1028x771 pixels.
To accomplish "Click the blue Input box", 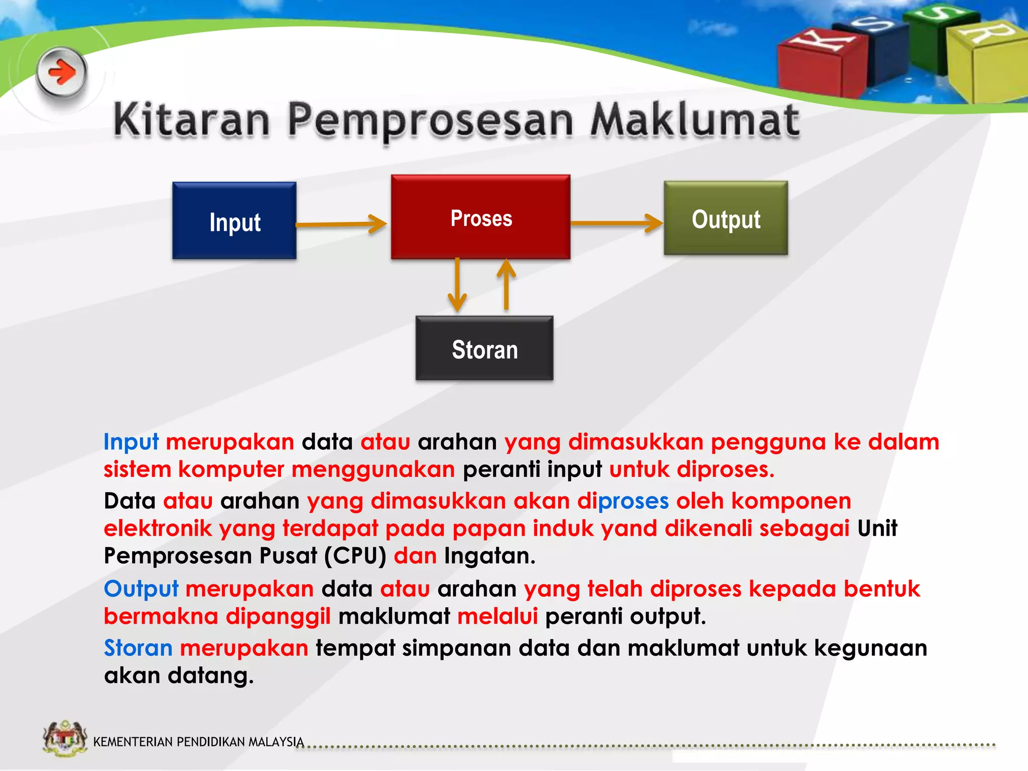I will point(234,221).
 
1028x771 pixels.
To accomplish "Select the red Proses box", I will point(480,217).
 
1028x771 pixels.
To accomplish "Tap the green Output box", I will point(726,218).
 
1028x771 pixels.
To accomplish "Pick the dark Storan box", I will point(484,348).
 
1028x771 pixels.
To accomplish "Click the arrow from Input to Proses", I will point(341,224).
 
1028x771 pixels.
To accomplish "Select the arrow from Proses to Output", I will point(616,223).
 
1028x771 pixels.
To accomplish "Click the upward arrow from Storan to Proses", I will point(506,284).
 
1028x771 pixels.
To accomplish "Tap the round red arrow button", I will point(62,73).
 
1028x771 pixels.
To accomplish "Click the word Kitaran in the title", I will point(192,120).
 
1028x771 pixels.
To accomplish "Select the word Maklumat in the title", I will point(694,120).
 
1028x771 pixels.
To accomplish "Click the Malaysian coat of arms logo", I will point(65,738).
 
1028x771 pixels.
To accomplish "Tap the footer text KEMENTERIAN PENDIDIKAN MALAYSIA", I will point(198,741).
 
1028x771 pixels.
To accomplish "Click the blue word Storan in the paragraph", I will point(138,648).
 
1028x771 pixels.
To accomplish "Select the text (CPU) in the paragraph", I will point(355,556).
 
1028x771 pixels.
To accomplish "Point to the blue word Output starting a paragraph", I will point(141,589).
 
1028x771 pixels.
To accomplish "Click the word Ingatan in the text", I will point(489,556).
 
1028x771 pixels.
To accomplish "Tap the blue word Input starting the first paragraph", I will point(131,442).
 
